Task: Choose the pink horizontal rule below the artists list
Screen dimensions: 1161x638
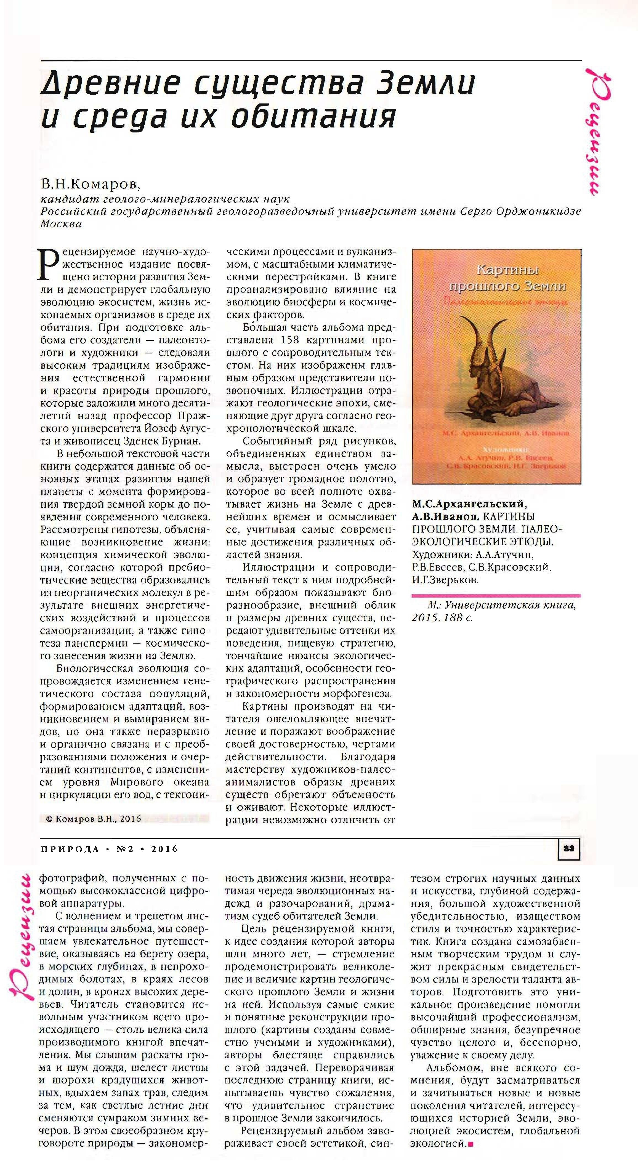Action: point(496,595)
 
